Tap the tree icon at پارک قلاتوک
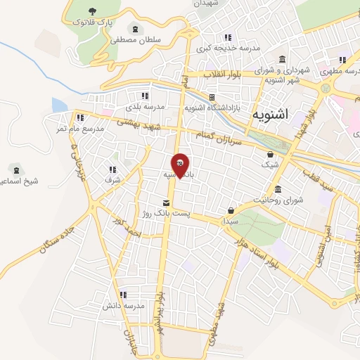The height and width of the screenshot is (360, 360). [x=93, y=11]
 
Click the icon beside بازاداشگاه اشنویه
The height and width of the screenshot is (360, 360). [x=210, y=97]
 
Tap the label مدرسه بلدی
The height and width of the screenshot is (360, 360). [x=145, y=106]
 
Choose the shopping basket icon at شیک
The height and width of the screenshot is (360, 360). [x=271, y=153]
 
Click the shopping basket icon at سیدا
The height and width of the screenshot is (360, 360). [x=231, y=210]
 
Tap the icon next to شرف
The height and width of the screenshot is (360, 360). [x=112, y=169]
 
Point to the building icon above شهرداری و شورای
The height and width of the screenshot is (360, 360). [x=282, y=58]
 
